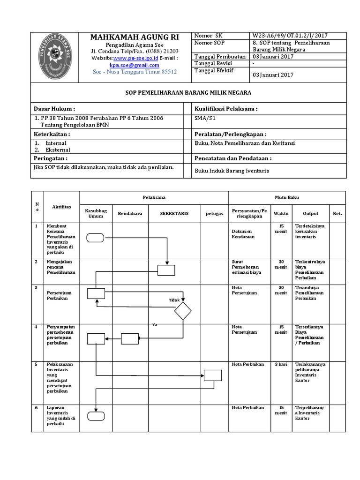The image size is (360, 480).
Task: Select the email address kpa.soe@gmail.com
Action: click(x=135, y=65)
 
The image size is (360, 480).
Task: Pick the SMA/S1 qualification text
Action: click(x=202, y=119)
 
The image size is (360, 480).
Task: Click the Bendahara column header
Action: click(x=130, y=213)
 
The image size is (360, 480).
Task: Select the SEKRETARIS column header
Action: click(x=174, y=213)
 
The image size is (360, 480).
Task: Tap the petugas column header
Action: click(x=214, y=213)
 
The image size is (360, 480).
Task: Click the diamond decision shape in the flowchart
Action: click(x=183, y=311)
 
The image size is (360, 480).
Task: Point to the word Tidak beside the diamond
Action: click(x=174, y=300)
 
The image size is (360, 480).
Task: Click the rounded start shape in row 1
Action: click(x=96, y=238)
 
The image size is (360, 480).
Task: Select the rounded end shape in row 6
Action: click(x=96, y=415)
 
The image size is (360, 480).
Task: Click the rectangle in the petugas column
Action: click(x=212, y=375)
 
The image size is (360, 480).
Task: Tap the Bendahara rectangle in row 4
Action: click(x=130, y=338)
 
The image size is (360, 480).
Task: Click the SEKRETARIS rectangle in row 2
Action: click(x=166, y=270)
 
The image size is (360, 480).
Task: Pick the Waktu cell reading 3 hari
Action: click(x=281, y=364)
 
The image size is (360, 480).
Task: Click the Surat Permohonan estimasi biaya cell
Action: click(x=247, y=267)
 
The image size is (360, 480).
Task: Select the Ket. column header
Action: click(x=337, y=213)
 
